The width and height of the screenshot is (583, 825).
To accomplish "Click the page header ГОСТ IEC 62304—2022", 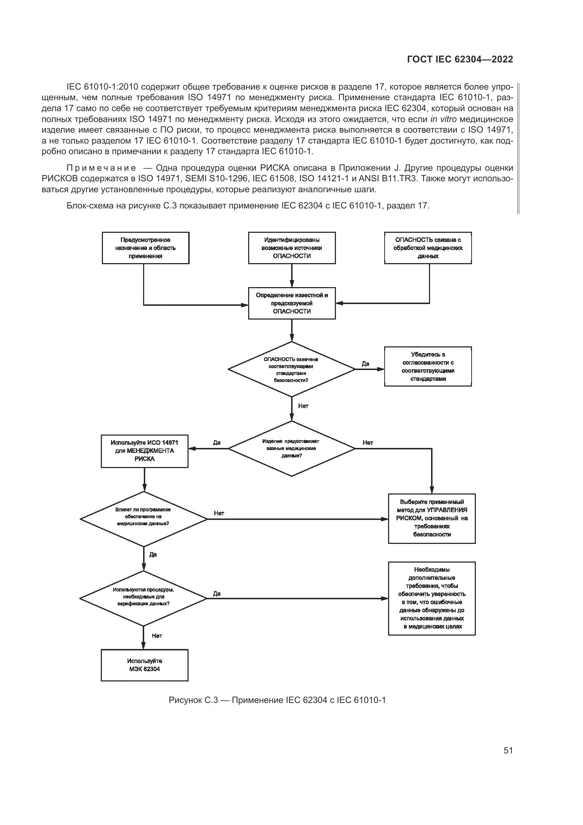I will click(460, 60).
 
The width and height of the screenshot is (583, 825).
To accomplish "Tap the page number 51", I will click(508, 750).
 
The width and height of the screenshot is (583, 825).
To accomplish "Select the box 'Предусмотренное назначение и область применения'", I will click(145, 248).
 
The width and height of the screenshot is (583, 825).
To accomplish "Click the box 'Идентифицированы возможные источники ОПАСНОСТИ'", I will click(292, 248).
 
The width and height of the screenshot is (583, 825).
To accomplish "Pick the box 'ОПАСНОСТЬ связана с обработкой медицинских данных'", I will click(428, 248).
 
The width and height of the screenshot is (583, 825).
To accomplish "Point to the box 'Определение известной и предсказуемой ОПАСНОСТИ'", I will click(292, 303).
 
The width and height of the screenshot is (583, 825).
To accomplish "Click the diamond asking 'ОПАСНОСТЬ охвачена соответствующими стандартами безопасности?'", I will click(291, 369).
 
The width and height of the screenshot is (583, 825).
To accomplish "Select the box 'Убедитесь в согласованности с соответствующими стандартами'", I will click(428, 366).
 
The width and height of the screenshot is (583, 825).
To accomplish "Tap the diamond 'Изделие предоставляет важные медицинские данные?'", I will click(291, 448).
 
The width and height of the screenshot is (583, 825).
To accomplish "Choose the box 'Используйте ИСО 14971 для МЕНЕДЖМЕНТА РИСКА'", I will click(144, 451).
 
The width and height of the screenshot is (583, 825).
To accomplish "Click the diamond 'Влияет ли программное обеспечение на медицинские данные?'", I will click(143, 519).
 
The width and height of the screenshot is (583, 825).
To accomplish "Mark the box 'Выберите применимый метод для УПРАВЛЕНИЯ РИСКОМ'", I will click(432, 518).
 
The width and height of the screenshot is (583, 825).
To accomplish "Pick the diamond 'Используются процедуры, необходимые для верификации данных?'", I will click(143, 598).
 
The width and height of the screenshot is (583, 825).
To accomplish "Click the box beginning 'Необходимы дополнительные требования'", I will click(432, 598).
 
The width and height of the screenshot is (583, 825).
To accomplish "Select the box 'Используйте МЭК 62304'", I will click(144, 665).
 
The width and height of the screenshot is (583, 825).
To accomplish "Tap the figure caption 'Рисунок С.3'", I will click(277, 700).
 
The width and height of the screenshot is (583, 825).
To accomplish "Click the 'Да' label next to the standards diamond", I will click(366, 364).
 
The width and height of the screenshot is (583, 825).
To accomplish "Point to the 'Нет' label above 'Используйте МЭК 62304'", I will click(157, 636).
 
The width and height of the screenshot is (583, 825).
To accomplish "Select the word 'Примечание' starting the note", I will click(101, 168).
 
